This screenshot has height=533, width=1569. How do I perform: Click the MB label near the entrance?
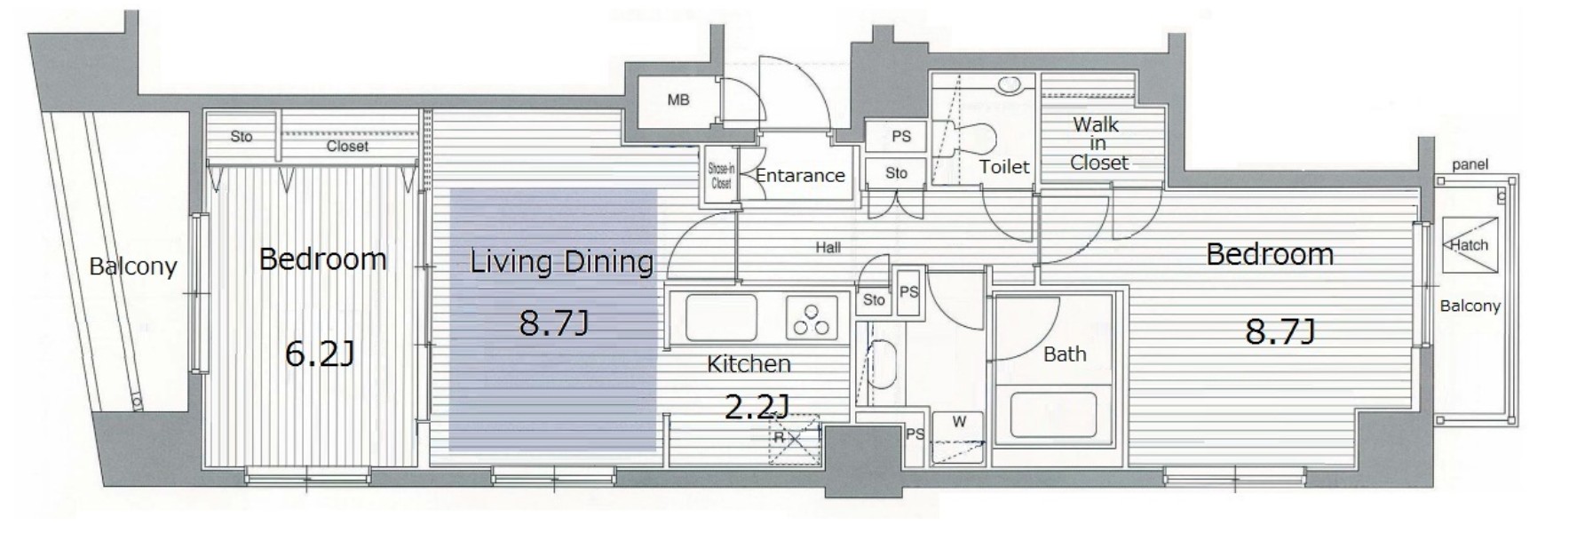[x=678, y=100]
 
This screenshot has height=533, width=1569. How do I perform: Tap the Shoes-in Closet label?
[x=721, y=176]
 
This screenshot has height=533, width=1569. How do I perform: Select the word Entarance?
[x=800, y=175]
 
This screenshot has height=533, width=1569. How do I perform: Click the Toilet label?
[x=1004, y=166]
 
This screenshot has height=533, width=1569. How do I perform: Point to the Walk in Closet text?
[x=1098, y=143]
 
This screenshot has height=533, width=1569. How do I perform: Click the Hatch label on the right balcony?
[x=1470, y=244]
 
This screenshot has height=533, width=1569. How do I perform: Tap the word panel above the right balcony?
[x=1470, y=164]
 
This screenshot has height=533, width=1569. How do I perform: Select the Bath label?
[x=1065, y=354]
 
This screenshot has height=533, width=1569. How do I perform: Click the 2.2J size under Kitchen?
[x=757, y=408]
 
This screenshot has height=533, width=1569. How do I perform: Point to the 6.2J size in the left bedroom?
[x=320, y=354]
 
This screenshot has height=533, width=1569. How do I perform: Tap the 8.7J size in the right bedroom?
[x=1280, y=331]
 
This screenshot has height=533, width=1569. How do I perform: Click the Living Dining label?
[x=561, y=262]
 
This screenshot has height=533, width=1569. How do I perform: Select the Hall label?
[x=828, y=248]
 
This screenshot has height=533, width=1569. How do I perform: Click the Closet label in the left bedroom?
[x=347, y=146]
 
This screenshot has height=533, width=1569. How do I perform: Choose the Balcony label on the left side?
[x=133, y=266]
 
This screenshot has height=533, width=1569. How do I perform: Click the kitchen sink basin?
[x=720, y=316]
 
